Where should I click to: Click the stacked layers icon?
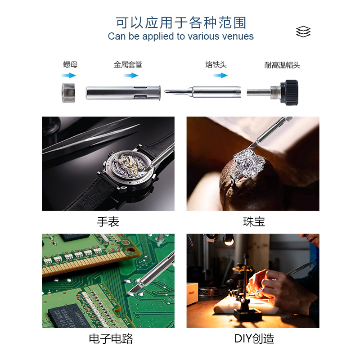pyautogui.click(x=303, y=31)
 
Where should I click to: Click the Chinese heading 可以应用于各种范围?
pyautogui.click(x=181, y=23)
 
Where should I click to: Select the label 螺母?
pyautogui.click(x=70, y=64)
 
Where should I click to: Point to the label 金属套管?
pyautogui.click(x=128, y=64)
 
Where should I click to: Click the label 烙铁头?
pyautogui.click(x=216, y=64)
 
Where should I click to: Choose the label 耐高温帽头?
pyautogui.click(x=282, y=65)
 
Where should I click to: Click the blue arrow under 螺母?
pyautogui.click(x=69, y=75)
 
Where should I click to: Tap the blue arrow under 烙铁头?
pyautogui.click(x=220, y=75)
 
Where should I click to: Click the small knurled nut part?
pyautogui.click(x=68, y=93)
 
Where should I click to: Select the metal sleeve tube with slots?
pyautogui.click(x=123, y=93)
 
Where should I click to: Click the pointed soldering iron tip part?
pyautogui.click(x=203, y=92)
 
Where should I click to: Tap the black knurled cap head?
pyautogui.click(x=289, y=93)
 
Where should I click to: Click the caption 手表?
pyautogui.click(x=108, y=222)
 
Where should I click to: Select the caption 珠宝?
pyautogui.click(x=254, y=222)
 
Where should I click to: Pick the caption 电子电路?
pyautogui.click(x=111, y=339)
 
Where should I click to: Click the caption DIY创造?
pyautogui.click(x=254, y=339)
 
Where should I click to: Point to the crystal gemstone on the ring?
pyautogui.click(x=249, y=162)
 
